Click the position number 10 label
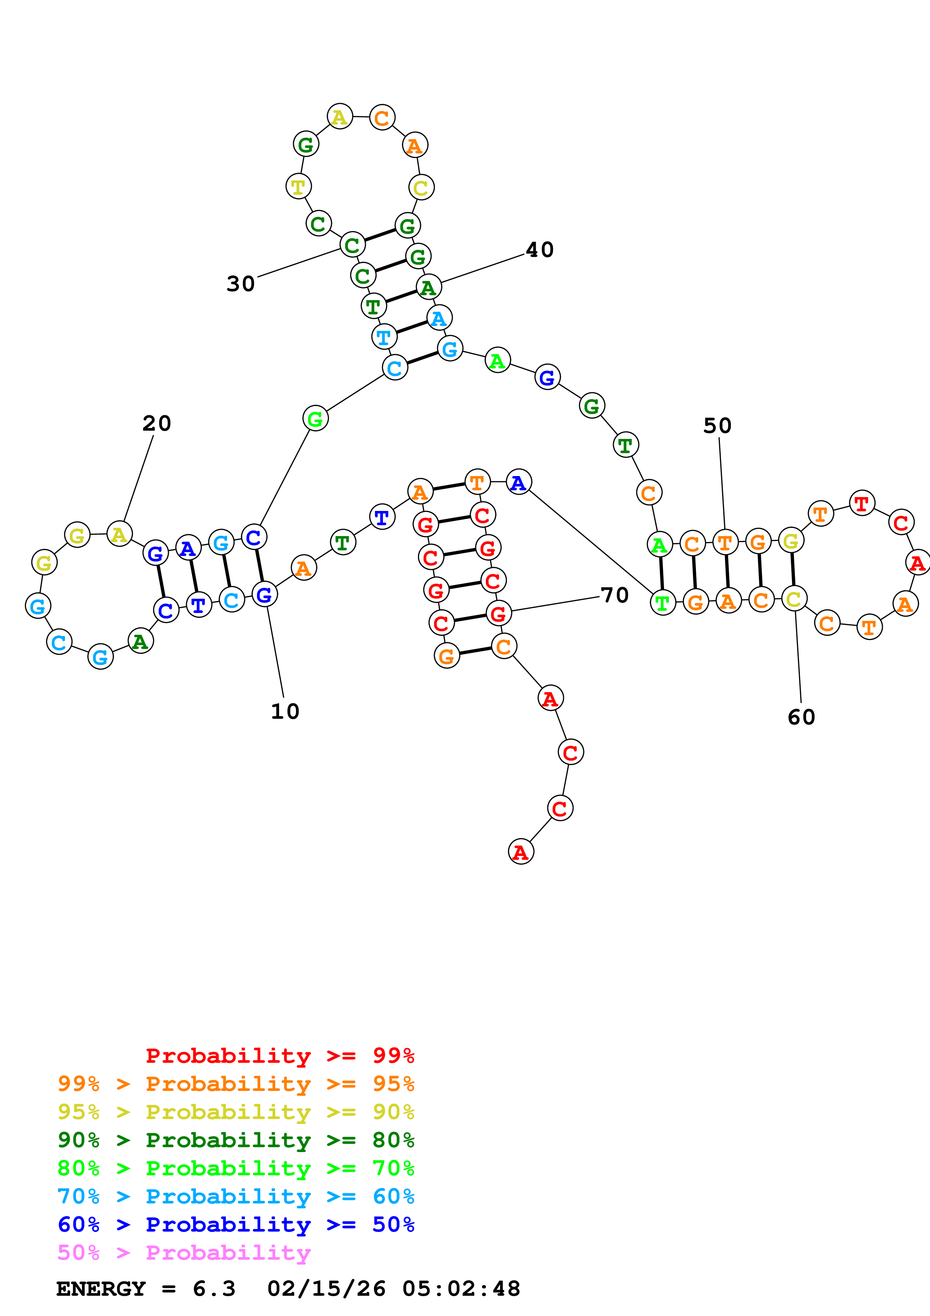[285, 711]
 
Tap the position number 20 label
[156, 424]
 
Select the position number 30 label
[241, 284]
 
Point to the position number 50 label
[717, 426]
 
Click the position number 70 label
[615, 595]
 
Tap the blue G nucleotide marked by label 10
[264, 594]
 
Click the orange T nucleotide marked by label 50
[726, 542]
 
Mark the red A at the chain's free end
[520, 852]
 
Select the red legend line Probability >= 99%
[279, 1056]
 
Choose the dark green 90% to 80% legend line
[236, 1140]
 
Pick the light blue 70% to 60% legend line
[236, 1196]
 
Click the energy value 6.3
[214, 1289]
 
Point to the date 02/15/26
[326, 1289]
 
